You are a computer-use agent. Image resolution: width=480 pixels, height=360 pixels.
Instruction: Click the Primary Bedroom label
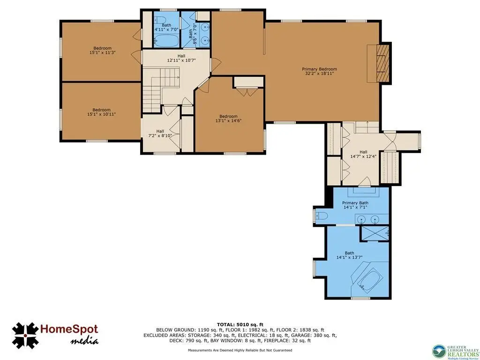point(319,71)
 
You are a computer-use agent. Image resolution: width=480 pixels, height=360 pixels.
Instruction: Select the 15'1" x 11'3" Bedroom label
point(102,50)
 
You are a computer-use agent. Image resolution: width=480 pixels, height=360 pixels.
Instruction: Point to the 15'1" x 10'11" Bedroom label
point(102,112)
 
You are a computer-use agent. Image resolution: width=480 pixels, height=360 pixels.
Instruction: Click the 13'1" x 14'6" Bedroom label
point(228,119)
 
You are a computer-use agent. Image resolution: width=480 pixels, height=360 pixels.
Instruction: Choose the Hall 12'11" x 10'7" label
point(181,58)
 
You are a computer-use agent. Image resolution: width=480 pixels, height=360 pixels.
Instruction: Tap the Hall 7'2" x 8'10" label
point(160,133)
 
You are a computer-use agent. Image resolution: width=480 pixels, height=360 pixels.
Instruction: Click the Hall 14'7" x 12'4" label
point(363,154)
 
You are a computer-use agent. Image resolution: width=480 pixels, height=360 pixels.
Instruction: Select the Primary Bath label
point(355,205)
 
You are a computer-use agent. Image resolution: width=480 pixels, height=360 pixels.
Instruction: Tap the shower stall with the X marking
point(375,233)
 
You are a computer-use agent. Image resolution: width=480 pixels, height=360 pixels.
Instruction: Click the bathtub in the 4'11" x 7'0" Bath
point(166,40)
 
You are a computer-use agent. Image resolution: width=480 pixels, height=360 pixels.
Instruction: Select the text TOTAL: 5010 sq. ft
point(240,324)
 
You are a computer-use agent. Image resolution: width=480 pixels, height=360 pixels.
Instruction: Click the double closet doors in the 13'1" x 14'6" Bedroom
point(247,92)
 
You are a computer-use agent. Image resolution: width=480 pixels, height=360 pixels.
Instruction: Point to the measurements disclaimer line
point(240,350)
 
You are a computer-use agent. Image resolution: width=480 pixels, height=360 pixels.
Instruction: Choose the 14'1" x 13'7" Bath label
point(349,255)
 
